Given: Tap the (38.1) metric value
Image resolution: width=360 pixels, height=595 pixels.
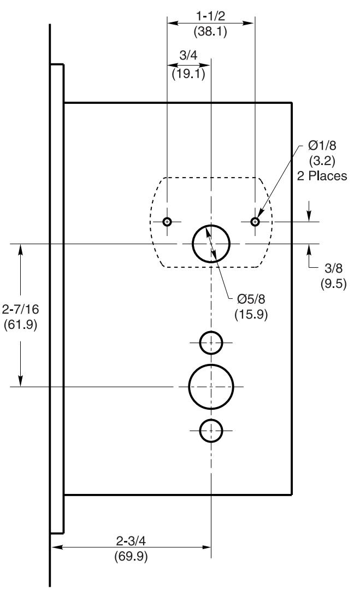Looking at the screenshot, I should (x=210, y=32).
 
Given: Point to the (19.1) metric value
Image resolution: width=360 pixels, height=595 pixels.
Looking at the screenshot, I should (x=188, y=73).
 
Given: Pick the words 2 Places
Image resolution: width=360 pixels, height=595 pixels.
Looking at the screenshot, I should (x=321, y=176).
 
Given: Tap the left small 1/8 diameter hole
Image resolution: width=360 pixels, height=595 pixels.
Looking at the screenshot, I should (x=167, y=221).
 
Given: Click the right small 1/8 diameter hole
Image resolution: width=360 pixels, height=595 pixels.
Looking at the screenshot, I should (x=255, y=221).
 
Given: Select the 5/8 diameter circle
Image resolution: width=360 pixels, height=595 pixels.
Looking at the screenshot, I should (x=211, y=243).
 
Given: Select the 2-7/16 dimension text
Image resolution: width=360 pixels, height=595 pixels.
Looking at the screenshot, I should (x=21, y=309).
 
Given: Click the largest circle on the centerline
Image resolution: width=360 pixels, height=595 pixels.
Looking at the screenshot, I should (x=211, y=386).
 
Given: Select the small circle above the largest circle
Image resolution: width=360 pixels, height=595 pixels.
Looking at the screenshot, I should (x=211, y=343).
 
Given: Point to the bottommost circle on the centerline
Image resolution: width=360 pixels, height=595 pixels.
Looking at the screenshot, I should (x=211, y=430).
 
